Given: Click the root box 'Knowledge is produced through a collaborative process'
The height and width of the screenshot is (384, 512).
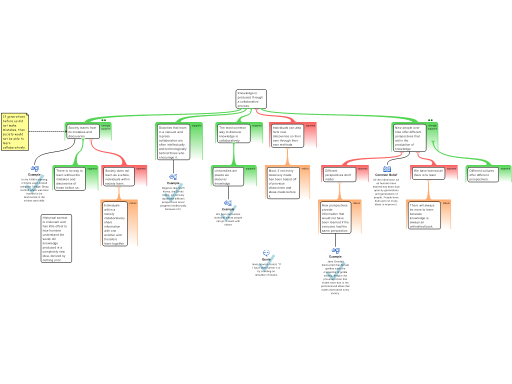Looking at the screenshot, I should coord(251,99).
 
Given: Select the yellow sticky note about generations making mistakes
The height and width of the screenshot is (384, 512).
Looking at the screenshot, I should coord(15,132).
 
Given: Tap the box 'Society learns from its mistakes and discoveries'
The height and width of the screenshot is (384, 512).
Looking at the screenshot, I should coord(82,132).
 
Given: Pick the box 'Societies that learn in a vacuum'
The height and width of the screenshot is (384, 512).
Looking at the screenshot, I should coord(173,142).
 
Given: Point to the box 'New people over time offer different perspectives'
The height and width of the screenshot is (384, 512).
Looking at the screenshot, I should coord(409,138).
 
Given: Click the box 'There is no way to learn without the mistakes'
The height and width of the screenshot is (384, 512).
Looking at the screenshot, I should coord(69,179).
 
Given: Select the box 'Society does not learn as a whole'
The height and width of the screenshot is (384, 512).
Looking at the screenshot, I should coord(117,177).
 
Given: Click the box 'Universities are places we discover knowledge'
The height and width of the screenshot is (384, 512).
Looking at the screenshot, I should coord(227,177).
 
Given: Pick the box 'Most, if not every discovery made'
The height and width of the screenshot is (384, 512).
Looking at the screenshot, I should coord(282,183).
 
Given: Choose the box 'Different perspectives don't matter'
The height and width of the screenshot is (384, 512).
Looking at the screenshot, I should coord(339,174).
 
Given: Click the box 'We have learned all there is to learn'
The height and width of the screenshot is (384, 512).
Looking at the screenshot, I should coord(428,173).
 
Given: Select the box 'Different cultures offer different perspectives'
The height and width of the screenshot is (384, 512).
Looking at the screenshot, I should coord(482,174).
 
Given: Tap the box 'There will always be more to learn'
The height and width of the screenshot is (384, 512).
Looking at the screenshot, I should coord(423,215).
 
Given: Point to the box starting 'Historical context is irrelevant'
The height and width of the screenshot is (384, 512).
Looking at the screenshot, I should coord(56,238).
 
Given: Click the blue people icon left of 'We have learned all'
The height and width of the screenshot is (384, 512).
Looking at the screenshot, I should coord(387,169).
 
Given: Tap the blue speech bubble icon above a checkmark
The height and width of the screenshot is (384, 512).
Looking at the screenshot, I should coord(266,252).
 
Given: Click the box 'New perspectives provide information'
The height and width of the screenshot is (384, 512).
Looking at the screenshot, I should coord(335,218).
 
